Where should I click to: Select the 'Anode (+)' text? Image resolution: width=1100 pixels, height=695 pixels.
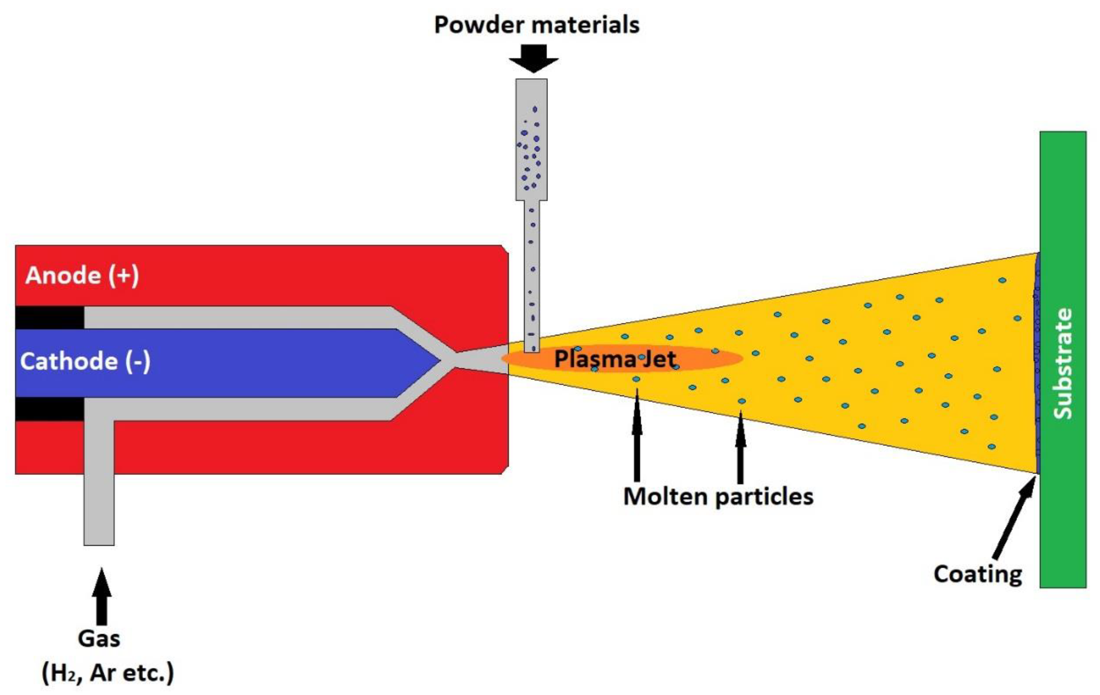[82, 275]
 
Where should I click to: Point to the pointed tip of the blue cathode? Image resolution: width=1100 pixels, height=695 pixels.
[439, 361]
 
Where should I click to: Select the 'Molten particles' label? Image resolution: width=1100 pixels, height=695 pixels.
[718, 496]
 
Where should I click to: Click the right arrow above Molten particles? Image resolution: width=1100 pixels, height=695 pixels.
[740, 447]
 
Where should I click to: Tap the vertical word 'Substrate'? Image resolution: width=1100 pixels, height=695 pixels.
[1062, 364]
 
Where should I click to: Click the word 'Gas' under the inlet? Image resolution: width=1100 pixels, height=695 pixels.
[99, 638]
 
